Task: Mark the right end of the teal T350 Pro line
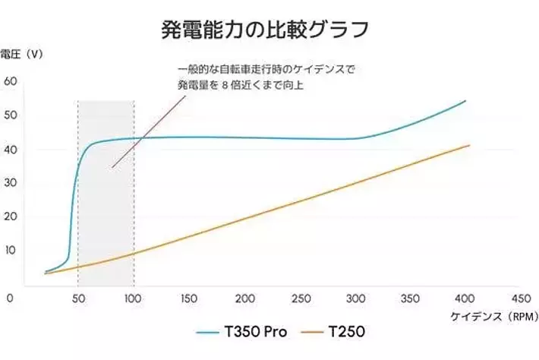pyautogui.click(x=465, y=100)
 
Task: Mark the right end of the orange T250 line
pyautogui.click(x=469, y=145)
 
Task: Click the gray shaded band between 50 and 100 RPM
pyautogui.click(x=106, y=213)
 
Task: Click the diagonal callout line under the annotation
pyautogui.click(x=144, y=132)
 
